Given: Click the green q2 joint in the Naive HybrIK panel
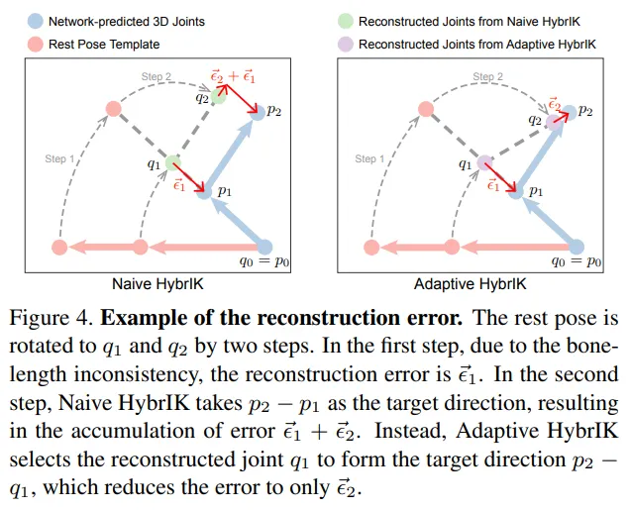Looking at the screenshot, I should (218, 96).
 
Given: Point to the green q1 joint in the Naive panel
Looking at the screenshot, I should (172, 162).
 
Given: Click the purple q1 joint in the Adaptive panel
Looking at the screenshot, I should (484, 162).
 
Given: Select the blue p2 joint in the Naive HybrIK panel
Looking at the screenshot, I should (259, 115).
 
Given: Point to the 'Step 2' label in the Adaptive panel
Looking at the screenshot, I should (486, 76).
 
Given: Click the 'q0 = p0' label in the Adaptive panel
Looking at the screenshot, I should (578, 262).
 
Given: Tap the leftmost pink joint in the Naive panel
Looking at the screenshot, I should (58, 247).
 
